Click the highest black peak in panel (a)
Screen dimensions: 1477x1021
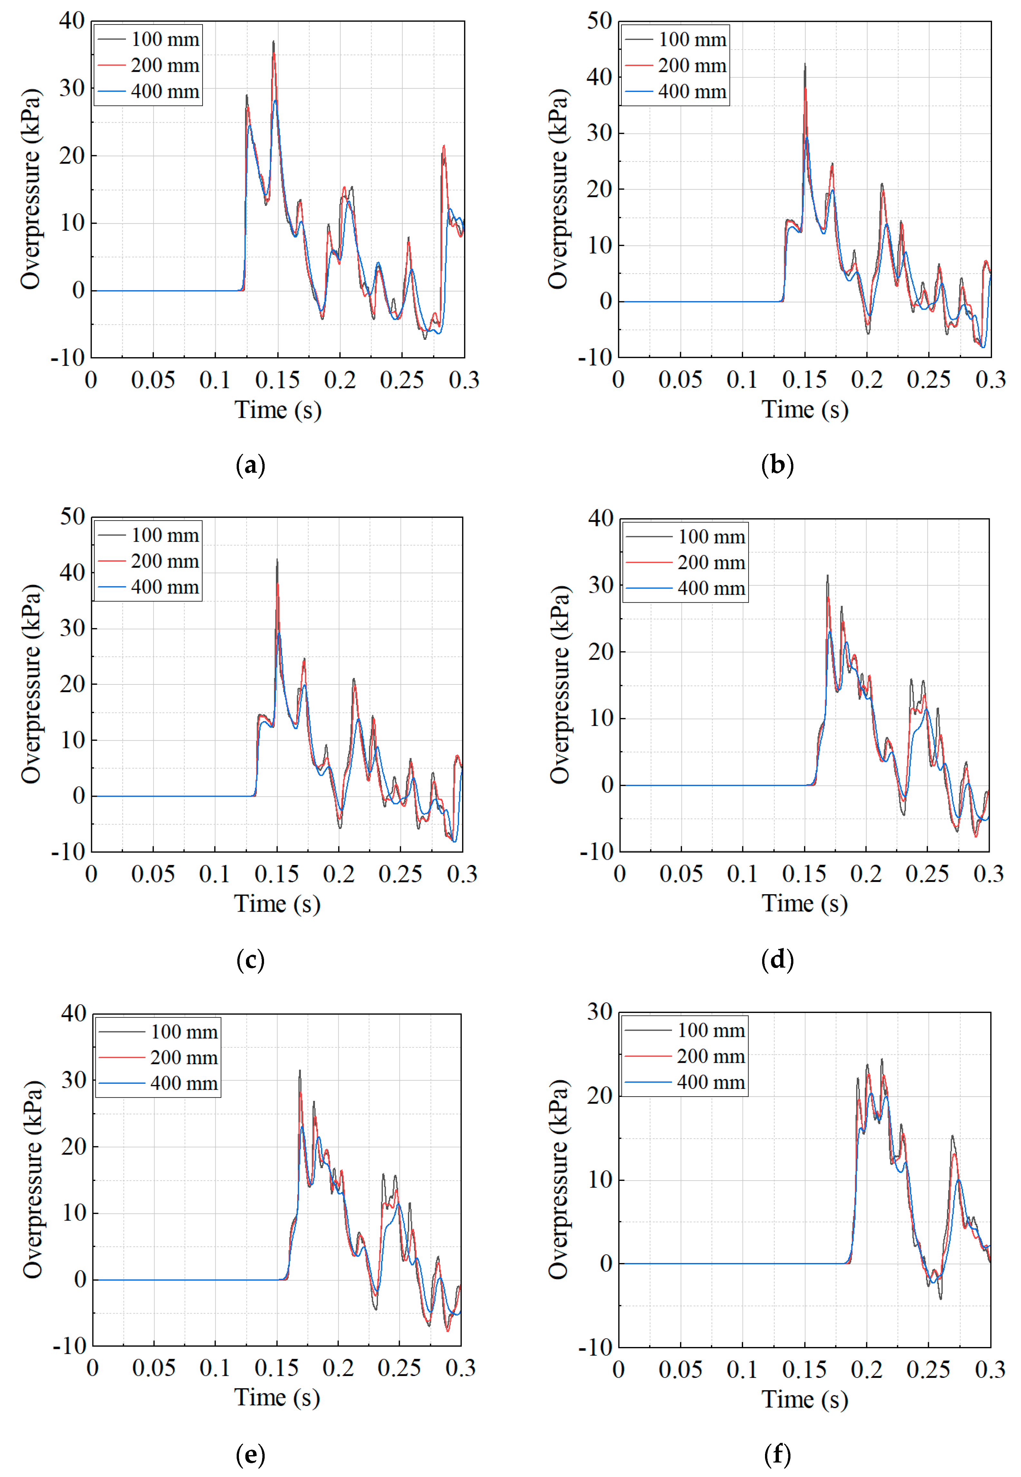(274, 42)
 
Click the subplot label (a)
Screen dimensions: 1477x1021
(250, 465)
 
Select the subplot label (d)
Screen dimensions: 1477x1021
(777, 960)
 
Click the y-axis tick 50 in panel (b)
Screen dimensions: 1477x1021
(600, 21)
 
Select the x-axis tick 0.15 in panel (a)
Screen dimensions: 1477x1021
(277, 380)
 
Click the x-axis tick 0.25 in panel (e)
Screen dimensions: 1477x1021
(399, 1368)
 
